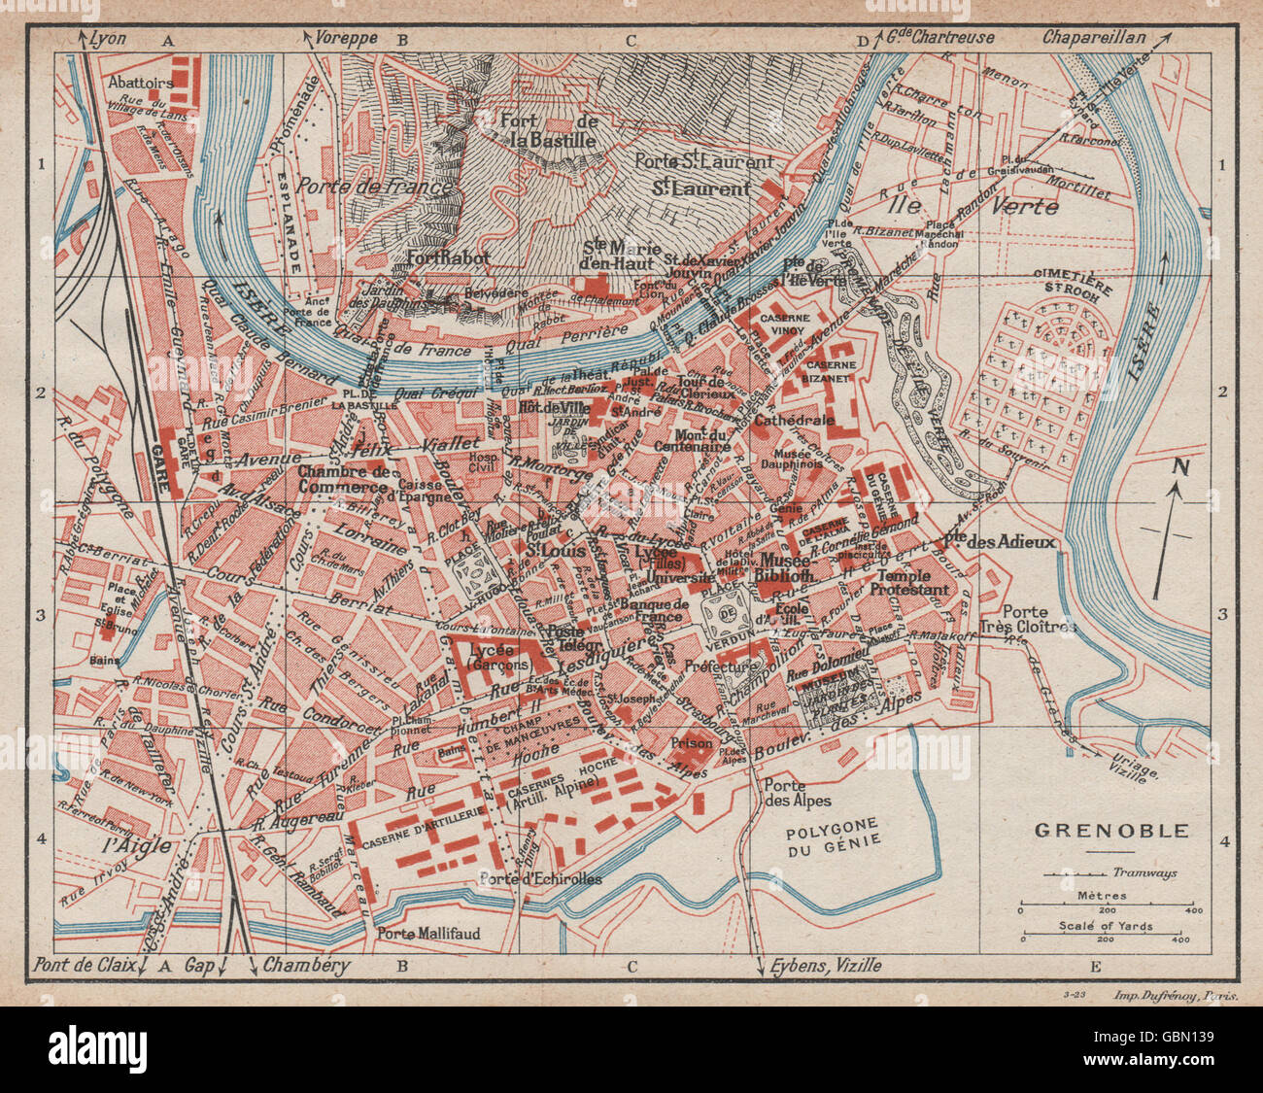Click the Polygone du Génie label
coord(833,833)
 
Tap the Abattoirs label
coord(142,84)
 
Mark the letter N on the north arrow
coord(1180,467)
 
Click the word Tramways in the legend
coord(1144,872)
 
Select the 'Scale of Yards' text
coord(1106,926)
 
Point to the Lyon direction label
coord(108,40)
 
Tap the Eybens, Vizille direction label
coord(826,966)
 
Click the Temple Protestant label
coord(908,581)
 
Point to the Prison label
coord(691,742)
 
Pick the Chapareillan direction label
coord(1094,40)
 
